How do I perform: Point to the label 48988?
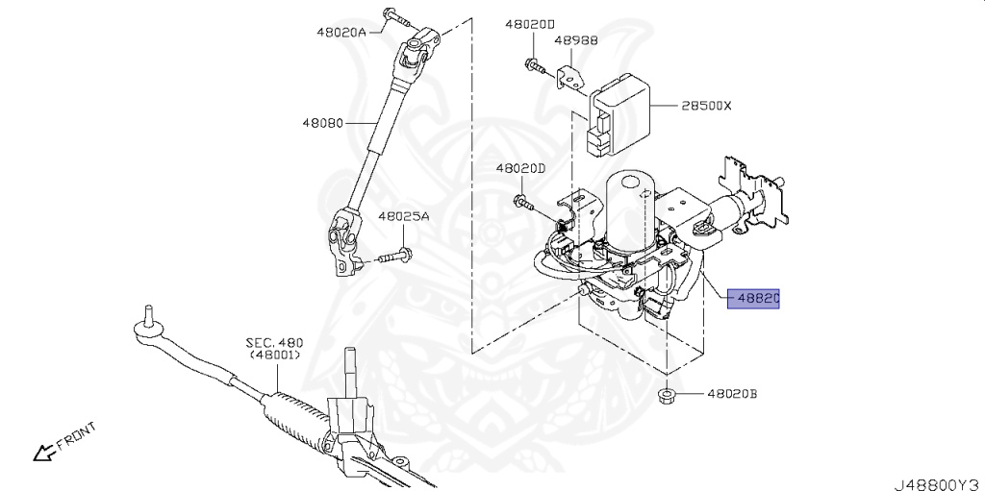pyautogui.click(x=575, y=41)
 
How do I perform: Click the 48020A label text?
pyautogui.click(x=341, y=32)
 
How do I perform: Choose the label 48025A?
pyautogui.click(x=403, y=217)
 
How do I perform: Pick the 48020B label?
pyautogui.click(x=732, y=394)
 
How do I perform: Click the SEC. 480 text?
pyautogui.click(x=272, y=342)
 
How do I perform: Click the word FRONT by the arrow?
pyautogui.click(x=76, y=436)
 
